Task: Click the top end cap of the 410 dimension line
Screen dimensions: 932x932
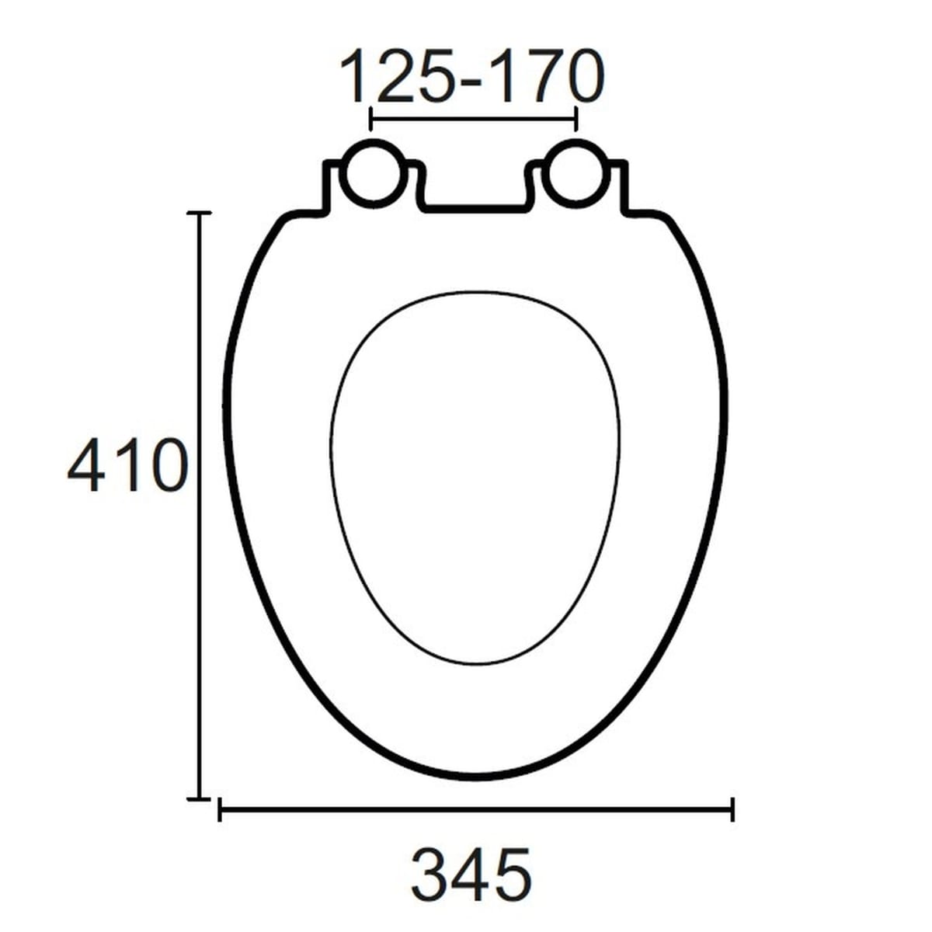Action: pos(200,212)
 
